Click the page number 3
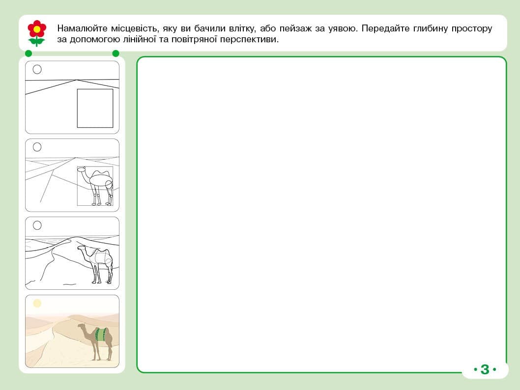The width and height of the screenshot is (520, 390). (485, 369)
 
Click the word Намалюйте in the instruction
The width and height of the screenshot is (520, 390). (82, 28)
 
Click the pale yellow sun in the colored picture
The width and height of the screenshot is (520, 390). (37, 303)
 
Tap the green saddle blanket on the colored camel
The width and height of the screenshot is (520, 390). (100, 334)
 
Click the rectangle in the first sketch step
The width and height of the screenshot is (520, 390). (95, 109)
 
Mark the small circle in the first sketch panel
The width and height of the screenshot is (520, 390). (37, 69)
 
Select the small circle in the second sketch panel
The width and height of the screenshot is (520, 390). (37, 147)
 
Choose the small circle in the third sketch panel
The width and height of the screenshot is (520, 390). (37, 225)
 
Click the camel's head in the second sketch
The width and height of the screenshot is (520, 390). (82, 169)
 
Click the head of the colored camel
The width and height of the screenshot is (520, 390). (81, 327)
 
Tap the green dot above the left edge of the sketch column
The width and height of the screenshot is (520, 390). (29, 54)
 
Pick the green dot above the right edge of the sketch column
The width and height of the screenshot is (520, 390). (116, 54)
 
